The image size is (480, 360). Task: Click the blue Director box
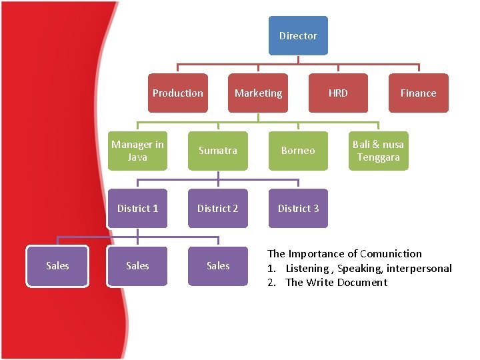(x=298, y=36)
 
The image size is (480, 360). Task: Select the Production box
(x=178, y=93)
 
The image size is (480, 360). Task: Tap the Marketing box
(x=258, y=93)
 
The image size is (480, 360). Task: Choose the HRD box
(x=338, y=93)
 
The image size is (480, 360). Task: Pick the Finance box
(x=418, y=93)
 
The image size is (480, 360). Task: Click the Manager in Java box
(x=137, y=151)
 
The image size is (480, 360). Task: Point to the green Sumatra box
(x=218, y=151)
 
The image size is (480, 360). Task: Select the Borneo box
(x=298, y=151)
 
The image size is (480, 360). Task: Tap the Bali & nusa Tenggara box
(x=378, y=151)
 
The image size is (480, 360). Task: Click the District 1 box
(x=137, y=208)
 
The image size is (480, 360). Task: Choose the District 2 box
(x=218, y=208)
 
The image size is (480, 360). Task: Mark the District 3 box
(x=298, y=208)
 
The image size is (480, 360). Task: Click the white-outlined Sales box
(x=57, y=265)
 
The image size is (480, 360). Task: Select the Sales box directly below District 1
(x=137, y=265)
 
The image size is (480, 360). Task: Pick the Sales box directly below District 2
(x=218, y=265)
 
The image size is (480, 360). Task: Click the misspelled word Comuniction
(x=391, y=253)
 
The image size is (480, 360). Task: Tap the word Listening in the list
(x=307, y=268)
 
